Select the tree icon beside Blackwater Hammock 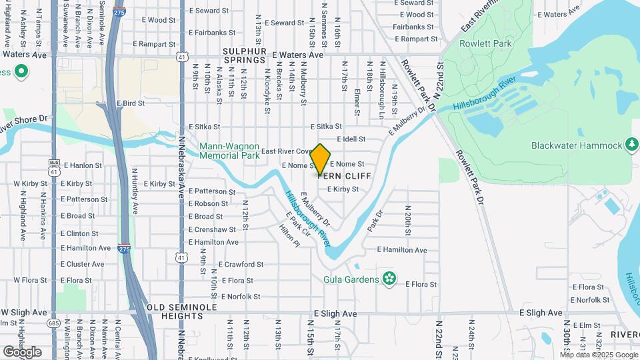click(631, 145)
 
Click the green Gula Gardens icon click(389, 279)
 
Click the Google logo click(22, 351)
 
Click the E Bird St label click(130, 103)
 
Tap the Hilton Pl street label click(289, 235)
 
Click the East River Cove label click(286, 151)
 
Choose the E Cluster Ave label click(83, 264)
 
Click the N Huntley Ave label click(135, 191)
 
